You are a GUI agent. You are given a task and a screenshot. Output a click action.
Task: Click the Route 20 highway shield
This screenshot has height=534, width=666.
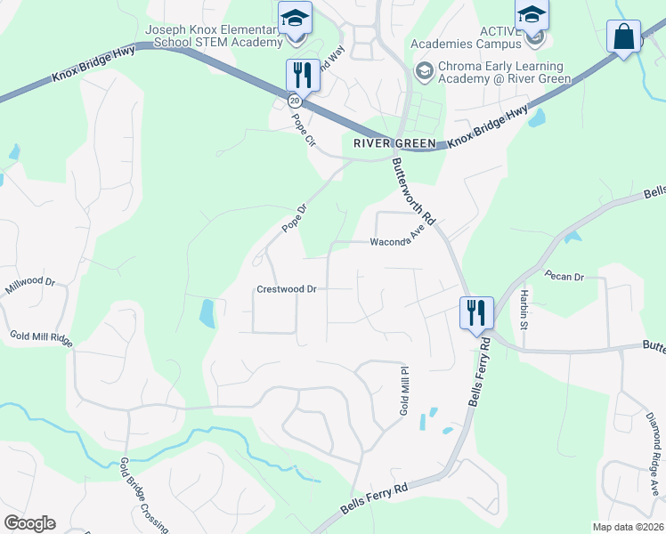pos(295,101)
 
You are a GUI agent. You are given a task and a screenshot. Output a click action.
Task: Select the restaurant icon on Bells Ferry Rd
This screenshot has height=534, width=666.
pos(476,311)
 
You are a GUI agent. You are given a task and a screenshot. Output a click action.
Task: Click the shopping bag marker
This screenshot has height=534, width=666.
pos(623,37)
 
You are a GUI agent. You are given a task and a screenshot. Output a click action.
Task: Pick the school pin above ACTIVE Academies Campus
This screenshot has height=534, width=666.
pos(532,15)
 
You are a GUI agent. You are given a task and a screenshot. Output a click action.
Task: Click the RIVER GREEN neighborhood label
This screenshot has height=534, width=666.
pos(394,143)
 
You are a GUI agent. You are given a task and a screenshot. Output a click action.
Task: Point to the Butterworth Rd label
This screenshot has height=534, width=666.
pos(415,192)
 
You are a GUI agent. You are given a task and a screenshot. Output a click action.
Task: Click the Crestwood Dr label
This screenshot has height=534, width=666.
pos(287,289)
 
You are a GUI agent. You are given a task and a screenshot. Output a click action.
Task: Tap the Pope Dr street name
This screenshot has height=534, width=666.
pos(294,219)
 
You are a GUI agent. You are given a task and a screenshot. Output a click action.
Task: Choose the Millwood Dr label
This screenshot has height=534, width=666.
pos(30,287)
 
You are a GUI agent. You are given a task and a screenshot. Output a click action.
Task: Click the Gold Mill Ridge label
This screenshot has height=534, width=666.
pos(41,338)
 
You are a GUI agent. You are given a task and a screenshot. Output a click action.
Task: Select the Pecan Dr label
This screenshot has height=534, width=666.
pos(564,277)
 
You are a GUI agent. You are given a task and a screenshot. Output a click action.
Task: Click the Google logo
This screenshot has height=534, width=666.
pos(29,523)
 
